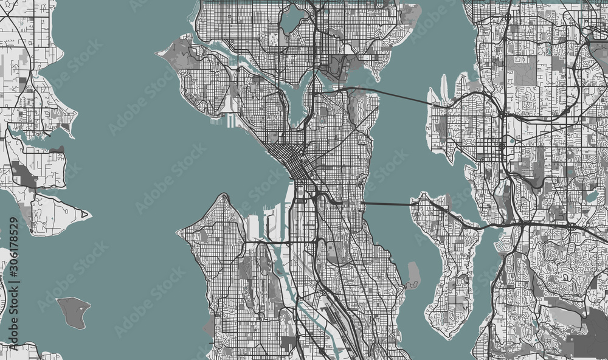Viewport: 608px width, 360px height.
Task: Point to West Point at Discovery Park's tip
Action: click(x=159, y=52)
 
